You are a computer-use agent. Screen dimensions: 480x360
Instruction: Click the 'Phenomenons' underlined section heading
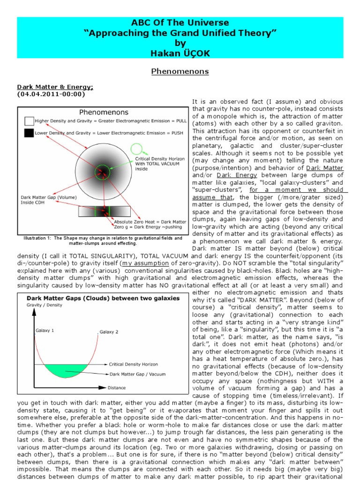pos(180,72)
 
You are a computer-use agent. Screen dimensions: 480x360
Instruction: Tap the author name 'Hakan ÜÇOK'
pos(180,53)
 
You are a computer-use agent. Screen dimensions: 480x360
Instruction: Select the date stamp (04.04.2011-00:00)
pos(51,94)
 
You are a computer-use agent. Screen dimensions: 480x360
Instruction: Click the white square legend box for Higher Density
pos(29,120)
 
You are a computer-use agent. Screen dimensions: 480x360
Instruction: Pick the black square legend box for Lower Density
pos(29,133)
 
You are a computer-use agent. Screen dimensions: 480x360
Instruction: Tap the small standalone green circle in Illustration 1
pos(136,150)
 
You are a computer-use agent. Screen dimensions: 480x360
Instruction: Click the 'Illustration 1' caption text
pos(103,240)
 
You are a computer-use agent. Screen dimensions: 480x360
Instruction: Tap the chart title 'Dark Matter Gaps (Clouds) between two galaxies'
pos(103,298)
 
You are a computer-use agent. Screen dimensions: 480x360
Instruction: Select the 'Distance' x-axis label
pos(117,388)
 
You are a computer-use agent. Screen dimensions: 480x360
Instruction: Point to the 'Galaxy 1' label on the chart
pos(45,330)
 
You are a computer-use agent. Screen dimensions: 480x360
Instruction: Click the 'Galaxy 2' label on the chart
pos(109,332)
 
